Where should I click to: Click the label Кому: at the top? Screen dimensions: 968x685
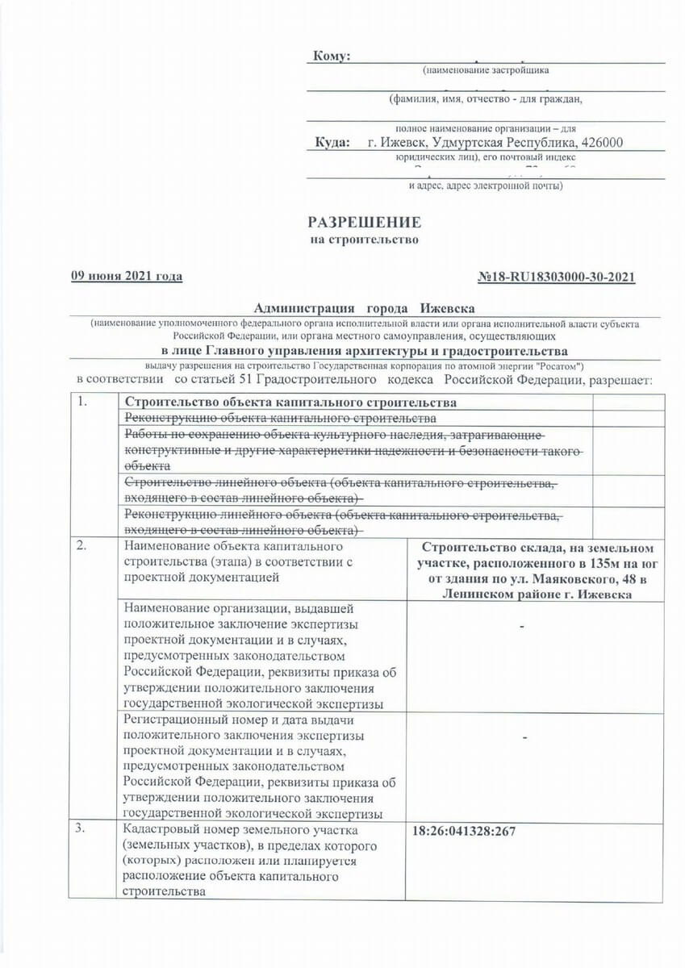point(332,56)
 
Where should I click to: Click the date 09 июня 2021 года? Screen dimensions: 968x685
point(127,277)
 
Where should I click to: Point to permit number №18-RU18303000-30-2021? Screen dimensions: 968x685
point(557,277)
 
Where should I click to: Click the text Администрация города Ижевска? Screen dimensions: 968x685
point(365,309)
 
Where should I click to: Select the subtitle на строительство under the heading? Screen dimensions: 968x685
point(365,240)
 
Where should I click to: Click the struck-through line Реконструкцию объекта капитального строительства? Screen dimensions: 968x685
point(279,418)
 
